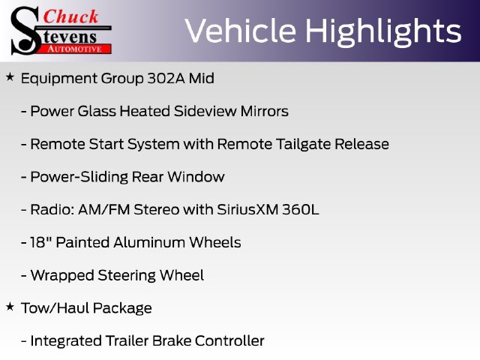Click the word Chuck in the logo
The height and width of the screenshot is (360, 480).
click(x=71, y=16)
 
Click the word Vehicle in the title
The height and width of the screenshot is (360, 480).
click(x=241, y=31)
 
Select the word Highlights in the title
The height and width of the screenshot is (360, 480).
click(x=383, y=31)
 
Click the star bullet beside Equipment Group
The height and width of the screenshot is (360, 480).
click(x=10, y=77)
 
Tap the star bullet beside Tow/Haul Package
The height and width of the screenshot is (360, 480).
click(x=10, y=307)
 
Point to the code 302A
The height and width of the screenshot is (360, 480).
click(x=166, y=78)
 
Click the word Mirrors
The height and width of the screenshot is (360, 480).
click(x=265, y=111)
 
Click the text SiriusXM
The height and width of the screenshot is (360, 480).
click(x=247, y=210)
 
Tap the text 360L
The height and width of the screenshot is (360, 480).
click(x=301, y=210)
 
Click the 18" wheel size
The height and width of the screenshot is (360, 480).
click(x=41, y=242)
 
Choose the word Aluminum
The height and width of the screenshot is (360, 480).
click(x=149, y=242)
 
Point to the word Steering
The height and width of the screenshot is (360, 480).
click(x=127, y=275)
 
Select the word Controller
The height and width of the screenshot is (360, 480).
click(x=229, y=340)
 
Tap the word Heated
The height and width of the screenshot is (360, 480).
click(x=145, y=111)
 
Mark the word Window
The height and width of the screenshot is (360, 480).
click(x=196, y=177)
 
